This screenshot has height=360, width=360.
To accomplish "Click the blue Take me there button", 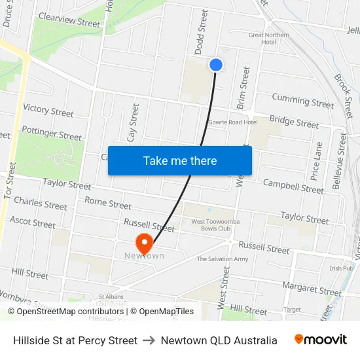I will (x=180, y=160).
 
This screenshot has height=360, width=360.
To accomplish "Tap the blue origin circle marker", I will (x=216, y=64).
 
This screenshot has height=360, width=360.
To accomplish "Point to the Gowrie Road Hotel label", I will (x=232, y=122).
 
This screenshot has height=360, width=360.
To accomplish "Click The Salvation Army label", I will (x=223, y=259).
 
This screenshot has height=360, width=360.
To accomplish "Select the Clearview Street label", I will (x=69, y=20).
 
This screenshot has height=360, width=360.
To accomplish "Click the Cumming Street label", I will (x=302, y=101).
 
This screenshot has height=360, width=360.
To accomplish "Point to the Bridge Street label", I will (x=294, y=121).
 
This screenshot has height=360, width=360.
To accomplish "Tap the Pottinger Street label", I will (x=51, y=134).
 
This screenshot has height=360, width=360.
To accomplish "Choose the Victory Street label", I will (x=48, y=110).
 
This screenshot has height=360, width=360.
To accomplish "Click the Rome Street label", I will (x=108, y=203).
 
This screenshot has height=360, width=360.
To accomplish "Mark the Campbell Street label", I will (x=293, y=186).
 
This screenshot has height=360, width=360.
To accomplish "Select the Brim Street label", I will (x=243, y=87).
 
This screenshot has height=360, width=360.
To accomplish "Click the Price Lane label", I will (x=317, y=161).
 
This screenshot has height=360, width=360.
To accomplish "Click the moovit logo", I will (x=320, y=340).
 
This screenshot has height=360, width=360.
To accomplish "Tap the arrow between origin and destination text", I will (x=149, y=340).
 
